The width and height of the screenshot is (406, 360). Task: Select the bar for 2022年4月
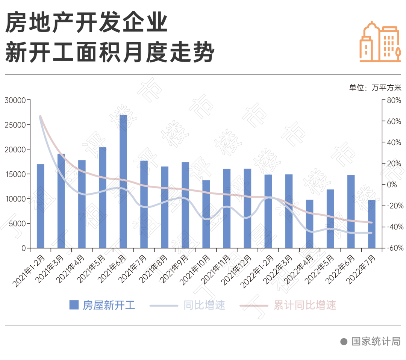click(309, 224)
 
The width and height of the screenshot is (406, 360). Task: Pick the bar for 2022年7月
click(371, 224)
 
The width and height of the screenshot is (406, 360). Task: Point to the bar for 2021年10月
click(206, 214)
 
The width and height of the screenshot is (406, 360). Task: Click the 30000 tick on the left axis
click(15, 100)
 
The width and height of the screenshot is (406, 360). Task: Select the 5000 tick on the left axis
click(17, 224)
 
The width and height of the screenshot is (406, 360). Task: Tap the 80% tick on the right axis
click(394, 100)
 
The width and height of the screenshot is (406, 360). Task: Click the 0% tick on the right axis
click(391, 185)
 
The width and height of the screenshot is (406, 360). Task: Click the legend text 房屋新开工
click(109, 305)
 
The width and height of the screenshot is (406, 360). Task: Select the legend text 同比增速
click(205, 305)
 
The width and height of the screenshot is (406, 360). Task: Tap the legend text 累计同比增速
click(304, 305)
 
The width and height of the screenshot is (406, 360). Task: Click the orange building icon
click(380, 41)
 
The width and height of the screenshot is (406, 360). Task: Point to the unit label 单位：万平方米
click(375, 88)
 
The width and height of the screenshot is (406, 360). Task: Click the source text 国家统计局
click(376, 341)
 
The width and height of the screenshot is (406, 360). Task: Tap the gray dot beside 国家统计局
click(343, 341)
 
